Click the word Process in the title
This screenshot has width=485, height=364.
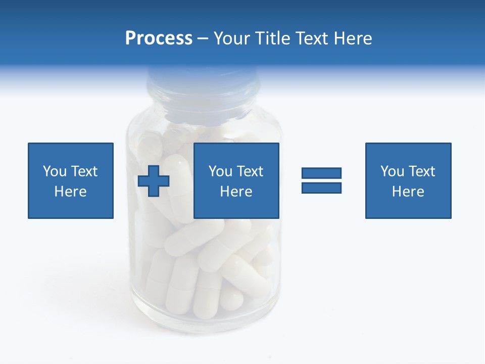[x=159, y=38]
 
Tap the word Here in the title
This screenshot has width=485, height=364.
[x=353, y=38]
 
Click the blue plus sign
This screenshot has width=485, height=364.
[x=154, y=181]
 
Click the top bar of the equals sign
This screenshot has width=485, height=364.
[x=321, y=173]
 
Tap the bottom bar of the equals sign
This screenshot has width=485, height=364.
[x=321, y=188]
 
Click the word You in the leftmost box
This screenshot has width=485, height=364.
[x=55, y=171]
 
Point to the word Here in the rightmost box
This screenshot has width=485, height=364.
[x=408, y=192]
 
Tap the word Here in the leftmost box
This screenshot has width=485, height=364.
[x=71, y=192]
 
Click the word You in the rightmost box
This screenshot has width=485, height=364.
[x=392, y=171]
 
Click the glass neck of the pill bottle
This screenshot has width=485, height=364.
[x=202, y=101]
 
